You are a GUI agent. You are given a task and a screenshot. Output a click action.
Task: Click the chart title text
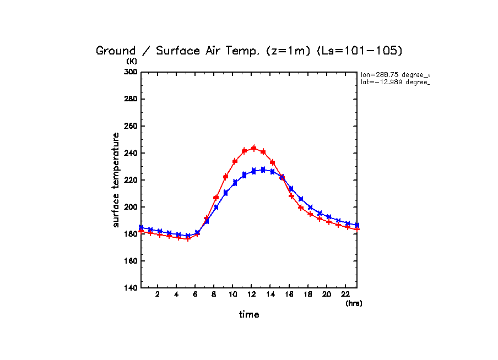point(249,51)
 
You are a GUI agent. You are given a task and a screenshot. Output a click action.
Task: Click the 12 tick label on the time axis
point(251,294)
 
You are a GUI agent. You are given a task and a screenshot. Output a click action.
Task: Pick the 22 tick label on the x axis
point(345,294)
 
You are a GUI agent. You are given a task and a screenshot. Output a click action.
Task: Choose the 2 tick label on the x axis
point(158,294)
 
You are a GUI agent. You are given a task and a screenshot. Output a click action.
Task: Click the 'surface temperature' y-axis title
point(116,180)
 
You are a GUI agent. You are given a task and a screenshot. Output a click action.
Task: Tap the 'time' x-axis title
point(249,315)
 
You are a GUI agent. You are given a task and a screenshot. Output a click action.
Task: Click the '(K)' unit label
point(132,61)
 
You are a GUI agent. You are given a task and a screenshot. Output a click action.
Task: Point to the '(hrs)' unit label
point(354,303)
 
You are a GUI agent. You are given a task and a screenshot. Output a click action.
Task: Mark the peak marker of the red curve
point(253,148)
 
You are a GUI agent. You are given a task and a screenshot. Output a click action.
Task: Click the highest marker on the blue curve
point(263,170)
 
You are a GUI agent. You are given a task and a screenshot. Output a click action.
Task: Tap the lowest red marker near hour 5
point(187,239)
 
